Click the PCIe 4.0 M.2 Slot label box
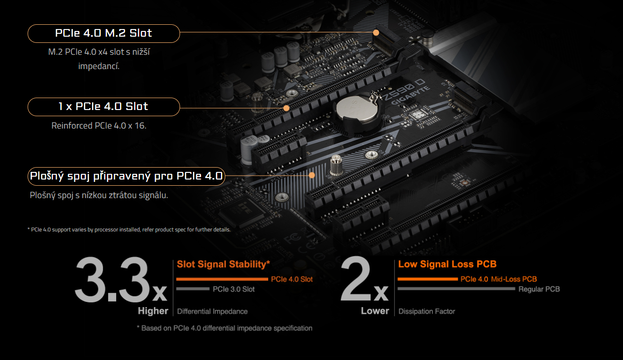103,33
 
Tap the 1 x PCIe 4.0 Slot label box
103,107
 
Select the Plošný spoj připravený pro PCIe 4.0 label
126,176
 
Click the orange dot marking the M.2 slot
376,33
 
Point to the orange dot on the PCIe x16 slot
286,108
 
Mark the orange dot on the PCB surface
312,175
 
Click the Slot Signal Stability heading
223,264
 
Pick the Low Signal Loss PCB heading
447,264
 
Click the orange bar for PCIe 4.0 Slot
222,279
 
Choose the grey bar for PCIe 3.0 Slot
192,289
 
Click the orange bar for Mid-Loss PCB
427,279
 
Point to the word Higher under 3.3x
153,311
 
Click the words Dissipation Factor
427,311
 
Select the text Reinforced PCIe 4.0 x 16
99,126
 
